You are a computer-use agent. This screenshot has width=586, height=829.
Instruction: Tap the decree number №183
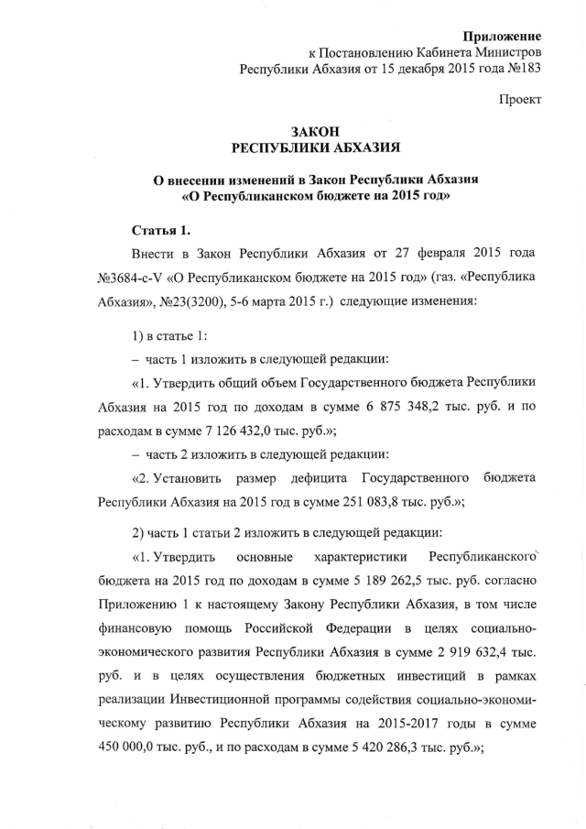pos(523,69)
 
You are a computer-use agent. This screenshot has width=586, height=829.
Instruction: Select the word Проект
pos(521,98)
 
